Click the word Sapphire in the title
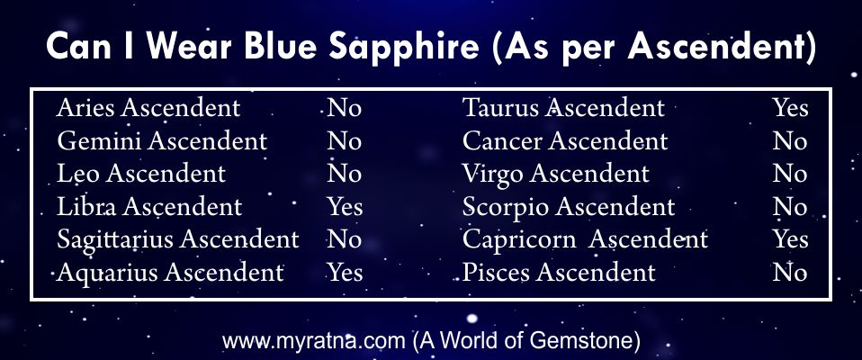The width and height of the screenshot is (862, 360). tap(403, 48)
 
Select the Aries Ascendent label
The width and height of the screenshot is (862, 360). tap(148, 108)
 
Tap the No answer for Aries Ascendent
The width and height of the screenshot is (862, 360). tap(344, 108)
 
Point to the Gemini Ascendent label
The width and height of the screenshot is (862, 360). tap(162, 141)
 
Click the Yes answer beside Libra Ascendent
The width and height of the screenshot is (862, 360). tap(346, 207)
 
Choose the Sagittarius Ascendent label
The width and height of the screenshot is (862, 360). tap(178, 240)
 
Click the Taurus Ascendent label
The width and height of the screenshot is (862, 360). tap(563, 108)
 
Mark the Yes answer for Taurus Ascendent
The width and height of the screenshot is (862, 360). tap(791, 108)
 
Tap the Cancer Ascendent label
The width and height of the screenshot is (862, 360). tap(565, 141)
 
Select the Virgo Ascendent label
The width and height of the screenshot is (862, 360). tap(556, 175)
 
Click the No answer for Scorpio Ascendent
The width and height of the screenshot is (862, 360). tap(790, 207)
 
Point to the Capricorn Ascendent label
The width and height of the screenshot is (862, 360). tap(585, 240)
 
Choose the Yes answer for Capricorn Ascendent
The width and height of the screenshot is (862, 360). tap(791, 240)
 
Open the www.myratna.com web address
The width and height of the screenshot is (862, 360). tap(313, 342)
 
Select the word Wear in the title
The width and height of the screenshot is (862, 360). tap(193, 48)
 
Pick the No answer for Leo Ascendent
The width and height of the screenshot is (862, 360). tap(344, 175)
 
